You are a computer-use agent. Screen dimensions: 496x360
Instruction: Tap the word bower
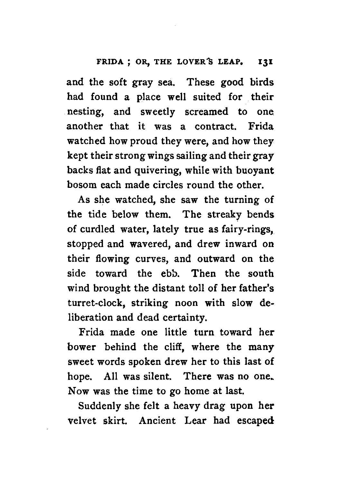point(82,347)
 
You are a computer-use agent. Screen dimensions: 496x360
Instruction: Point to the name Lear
point(195,421)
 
